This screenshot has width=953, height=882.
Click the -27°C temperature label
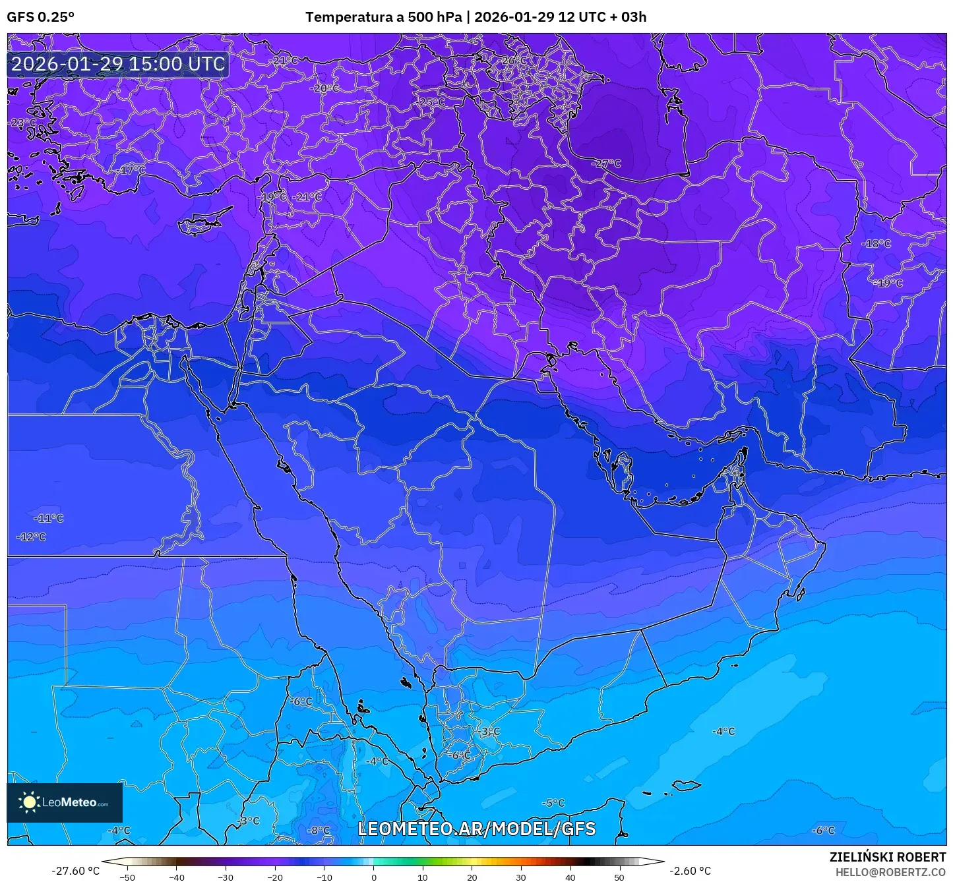[606, 163]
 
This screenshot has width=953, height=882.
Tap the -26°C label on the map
[514, 61]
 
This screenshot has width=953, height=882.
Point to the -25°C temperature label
[432, 102]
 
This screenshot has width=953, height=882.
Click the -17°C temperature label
[132, 170]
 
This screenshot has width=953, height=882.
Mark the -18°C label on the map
[876, 244]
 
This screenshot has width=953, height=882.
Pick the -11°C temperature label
[49, 519]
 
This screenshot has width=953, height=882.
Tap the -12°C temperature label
[31, 537]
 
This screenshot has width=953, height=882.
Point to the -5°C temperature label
[553, 803]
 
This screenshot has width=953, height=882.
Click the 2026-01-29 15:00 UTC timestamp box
[118, 64]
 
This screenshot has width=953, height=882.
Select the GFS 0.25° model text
[40, 17]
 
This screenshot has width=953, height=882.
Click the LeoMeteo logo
[65, 802]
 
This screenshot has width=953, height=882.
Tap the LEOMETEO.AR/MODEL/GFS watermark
[476, 829]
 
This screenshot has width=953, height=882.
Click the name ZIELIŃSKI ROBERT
[887, 857]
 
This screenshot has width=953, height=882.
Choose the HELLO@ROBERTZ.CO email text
[890, 871]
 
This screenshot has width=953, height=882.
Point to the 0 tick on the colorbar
[374, 877]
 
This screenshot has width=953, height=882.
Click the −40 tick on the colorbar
[177, 877]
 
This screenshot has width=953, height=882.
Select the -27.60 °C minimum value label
[75, 871]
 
